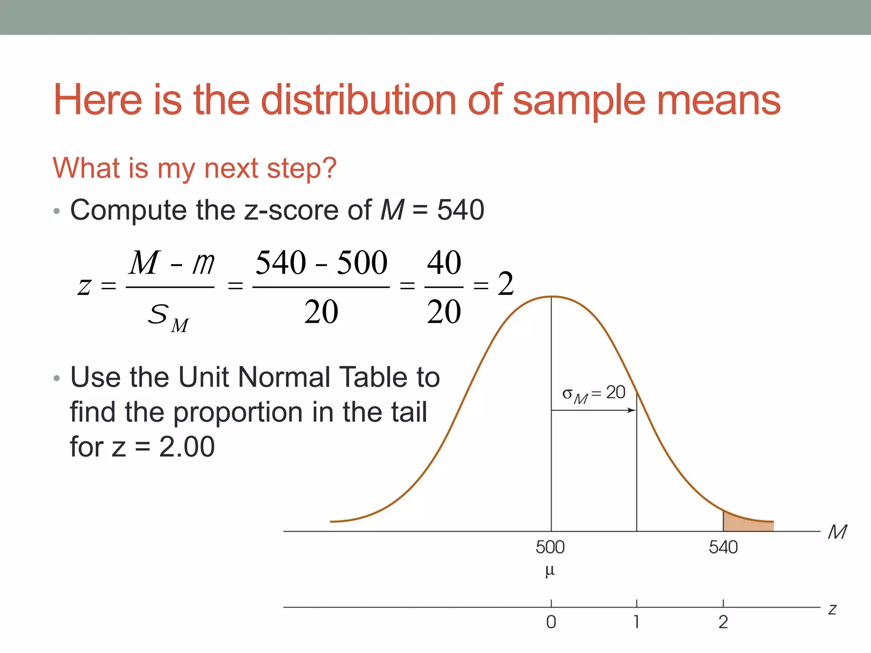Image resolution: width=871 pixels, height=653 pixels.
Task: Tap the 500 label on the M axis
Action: coord(550,547)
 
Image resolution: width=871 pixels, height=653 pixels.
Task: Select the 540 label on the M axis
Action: coord(723,547)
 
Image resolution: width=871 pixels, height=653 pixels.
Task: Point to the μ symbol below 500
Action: coord(550,571)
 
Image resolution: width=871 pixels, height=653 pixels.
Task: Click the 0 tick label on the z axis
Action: coord(551,622)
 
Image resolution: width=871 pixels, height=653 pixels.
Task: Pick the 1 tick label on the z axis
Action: coord(636,622)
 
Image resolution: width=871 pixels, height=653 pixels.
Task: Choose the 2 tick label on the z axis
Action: coord(723,622)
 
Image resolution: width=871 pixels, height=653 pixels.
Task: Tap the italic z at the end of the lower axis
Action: coord(832,610)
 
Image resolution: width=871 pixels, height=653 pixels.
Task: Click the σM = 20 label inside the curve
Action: coord(594,394)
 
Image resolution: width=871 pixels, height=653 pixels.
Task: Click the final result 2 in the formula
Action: coord(506,284)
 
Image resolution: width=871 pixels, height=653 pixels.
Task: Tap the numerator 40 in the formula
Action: coord(444,262)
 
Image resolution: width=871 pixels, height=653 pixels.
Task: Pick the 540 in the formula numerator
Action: coord(281,262)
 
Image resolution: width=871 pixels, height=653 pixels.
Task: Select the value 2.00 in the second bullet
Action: coord(187,447)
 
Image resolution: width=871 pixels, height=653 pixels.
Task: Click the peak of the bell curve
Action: coord(552,296)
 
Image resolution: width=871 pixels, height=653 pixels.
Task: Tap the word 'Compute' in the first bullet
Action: coord(128,210)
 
